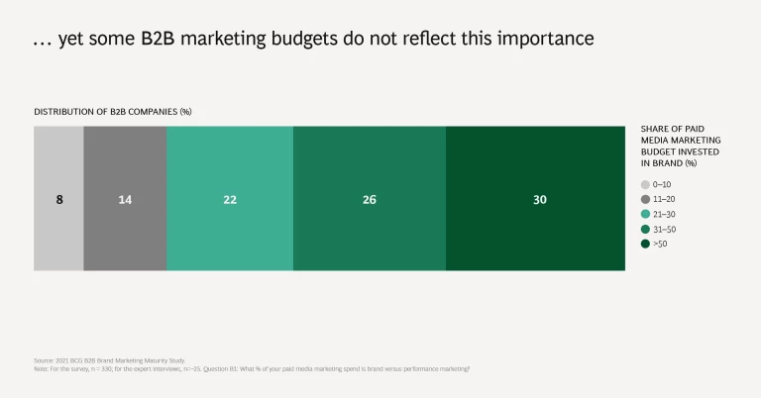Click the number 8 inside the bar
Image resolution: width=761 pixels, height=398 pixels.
point(58,200)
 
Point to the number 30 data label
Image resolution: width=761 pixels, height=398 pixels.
point(539,200)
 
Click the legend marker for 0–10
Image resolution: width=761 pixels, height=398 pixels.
point(645,184)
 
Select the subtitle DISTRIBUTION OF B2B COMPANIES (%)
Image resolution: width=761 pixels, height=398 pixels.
point(113,112)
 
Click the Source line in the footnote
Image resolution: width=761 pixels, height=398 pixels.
point(109,360)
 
